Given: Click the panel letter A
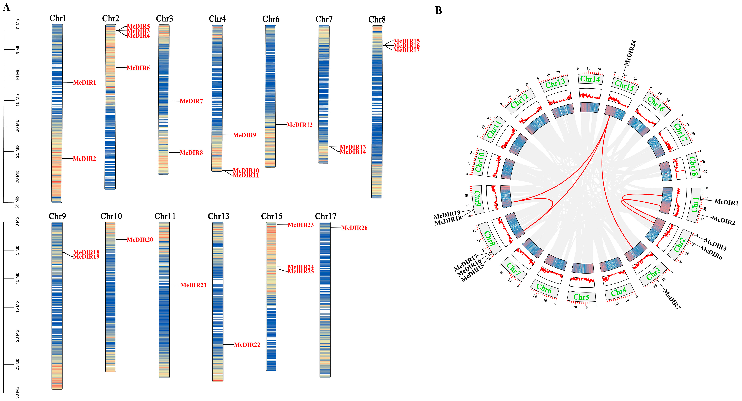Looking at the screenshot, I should click(x=6, y=7).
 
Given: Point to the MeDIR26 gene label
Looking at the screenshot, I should click(x=354, y=228).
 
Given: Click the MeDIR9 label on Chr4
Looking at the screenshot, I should click(x=245, y=135).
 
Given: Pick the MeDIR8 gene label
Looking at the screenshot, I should click(x=191, y=153).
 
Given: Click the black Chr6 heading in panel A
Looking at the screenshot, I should click(x=271, y=19).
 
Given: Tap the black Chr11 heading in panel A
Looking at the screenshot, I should click(x=165, y=216).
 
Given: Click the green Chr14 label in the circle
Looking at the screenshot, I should click(x=590, y=79).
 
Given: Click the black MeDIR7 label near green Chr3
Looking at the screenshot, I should click(x=672, y=299).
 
